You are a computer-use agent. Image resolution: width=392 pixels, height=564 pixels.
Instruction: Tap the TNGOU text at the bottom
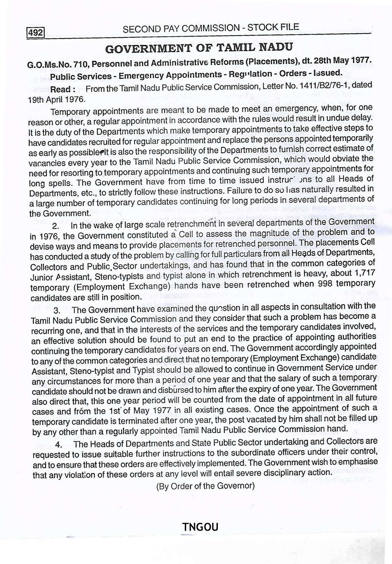pyautogui.click(x=200, y=527)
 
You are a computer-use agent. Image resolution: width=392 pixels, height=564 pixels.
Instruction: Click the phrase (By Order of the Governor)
pyautogui.click(x=205, y=486)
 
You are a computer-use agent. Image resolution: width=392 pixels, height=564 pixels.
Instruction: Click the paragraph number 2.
pyautogui.click(x=55, y=226)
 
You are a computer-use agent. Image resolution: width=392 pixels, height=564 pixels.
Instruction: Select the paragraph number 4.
pyautogui.click(x=58, y=445)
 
